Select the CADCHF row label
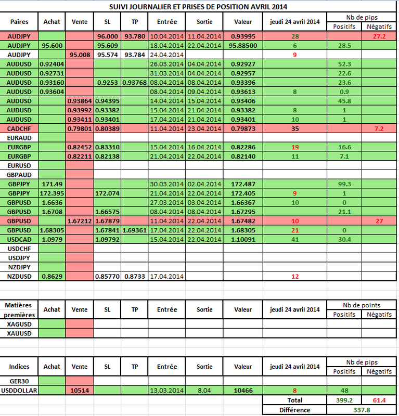[19, 128]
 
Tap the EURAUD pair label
[19, 138]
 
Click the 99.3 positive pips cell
[344, 184]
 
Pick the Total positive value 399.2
[344, 400]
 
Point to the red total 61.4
[379, 400]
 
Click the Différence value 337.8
[362, 410]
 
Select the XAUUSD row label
[19, 333]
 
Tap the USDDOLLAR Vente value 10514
[80, 391]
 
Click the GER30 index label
[19, 381]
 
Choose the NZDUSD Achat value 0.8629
[52, 277]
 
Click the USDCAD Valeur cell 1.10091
[243, 240]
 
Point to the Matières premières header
[19, 310]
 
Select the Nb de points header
[362, 305]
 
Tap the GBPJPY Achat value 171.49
[52, 184]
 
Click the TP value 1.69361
[135, 230]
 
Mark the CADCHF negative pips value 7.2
[379, 128]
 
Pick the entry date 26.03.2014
[166, 64]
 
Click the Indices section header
[19, 367]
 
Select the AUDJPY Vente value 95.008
[80, 55]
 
